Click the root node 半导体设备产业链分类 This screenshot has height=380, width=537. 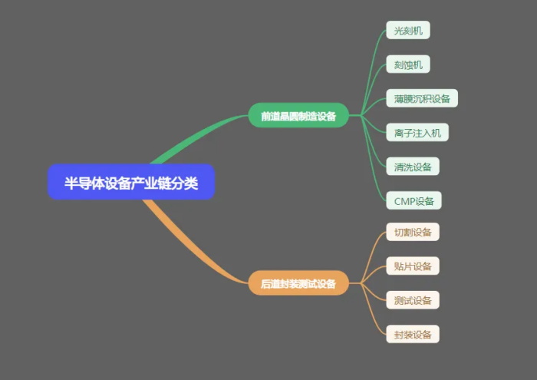[131, 182]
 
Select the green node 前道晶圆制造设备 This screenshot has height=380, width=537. [298, 116]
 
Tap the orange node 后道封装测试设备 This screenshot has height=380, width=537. [298, 283]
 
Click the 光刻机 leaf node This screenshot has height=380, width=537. [408, 31]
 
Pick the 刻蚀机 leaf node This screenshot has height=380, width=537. [408, 64]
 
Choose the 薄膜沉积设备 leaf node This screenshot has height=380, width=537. [422, 98]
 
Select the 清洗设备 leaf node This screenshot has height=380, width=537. [413, 167]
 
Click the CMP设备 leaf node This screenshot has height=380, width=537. [413, 201]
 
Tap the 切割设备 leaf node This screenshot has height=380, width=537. [413, 233]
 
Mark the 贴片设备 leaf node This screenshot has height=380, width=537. [413, 266]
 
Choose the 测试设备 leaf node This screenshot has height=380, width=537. [413, 300]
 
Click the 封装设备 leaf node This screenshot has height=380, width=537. [413, 334]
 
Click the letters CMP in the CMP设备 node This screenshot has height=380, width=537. [404, 201]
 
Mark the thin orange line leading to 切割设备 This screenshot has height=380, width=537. [372, 246]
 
